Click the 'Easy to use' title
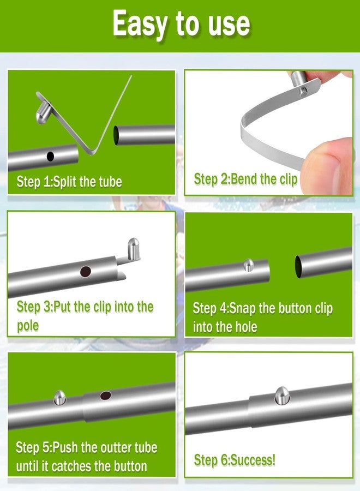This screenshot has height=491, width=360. coord(181,24)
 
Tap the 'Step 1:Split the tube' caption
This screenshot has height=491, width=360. coord(69,182)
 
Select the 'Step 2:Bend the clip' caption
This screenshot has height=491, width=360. coord(245,179)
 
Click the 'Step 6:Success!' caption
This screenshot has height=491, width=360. coord(235,460)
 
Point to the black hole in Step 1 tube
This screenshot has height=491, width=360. coord(50,157)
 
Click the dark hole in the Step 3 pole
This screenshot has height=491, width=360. coord(86,271)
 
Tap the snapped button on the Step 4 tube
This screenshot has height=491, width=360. coord(248,265)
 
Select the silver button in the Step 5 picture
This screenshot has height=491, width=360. coord(59,397)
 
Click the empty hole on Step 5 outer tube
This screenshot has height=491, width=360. coord(105,396)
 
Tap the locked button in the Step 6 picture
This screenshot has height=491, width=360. coord(281,396)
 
